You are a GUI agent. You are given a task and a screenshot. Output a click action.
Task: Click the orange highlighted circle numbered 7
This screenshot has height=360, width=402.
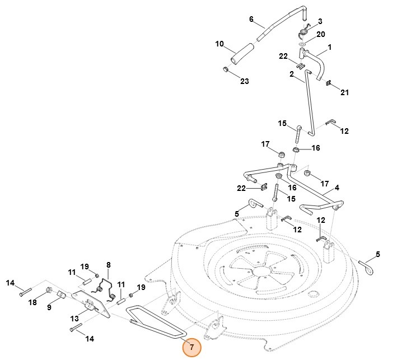click(191, 347)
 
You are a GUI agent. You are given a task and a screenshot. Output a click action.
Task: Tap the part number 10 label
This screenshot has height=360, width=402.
click(219, 44)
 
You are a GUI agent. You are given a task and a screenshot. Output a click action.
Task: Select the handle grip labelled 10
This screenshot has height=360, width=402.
click(244, 52)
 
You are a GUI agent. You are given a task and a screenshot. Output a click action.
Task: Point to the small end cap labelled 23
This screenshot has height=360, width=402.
click(225, 69)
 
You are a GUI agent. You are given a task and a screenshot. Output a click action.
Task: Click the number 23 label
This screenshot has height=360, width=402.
click(244, 81)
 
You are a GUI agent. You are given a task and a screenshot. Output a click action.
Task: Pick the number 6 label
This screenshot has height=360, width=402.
click(251, 19)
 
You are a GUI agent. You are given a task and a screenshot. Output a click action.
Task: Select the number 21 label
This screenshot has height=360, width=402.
click(344, 92)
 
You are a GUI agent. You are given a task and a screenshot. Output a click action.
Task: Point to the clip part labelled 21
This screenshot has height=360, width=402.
click(329, 83)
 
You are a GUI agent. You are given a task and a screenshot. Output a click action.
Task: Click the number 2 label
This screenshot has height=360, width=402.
click(292, 74)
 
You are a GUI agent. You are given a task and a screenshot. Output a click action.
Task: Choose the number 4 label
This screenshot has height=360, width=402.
click(337, 188)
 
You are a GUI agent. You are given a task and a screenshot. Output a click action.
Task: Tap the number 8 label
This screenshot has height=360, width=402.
click(109, 265)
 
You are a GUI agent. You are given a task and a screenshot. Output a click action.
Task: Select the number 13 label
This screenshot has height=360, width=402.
click(74, 319)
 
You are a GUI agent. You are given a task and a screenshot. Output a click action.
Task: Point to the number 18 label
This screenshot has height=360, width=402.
click(32, 302)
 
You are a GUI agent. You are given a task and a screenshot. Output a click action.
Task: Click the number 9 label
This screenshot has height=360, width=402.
click(49, 307)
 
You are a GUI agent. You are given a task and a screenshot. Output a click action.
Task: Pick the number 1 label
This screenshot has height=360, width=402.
click(330, 47)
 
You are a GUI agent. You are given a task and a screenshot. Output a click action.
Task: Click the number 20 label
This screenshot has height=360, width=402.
click(321, 34)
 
